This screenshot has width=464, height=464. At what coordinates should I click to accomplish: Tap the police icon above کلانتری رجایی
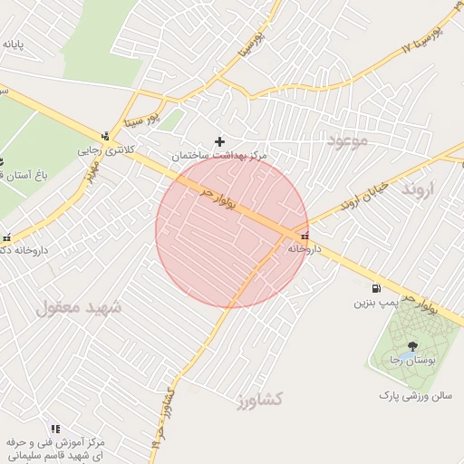(107, 137)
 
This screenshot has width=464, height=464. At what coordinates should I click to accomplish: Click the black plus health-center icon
(219, 141)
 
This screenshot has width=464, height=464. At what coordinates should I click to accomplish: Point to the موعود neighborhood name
(346, 140)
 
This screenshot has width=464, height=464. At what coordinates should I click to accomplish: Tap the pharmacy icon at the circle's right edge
(303, 237)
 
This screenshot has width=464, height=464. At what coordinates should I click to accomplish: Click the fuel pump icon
(375, 288)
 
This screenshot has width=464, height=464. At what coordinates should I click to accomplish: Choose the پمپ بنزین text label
(375, 302)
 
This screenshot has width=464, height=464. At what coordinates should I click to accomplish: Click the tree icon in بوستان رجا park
(413, 345)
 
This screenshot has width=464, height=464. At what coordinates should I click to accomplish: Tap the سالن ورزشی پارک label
(414, 396)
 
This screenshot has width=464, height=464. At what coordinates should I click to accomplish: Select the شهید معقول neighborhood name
(80, 308)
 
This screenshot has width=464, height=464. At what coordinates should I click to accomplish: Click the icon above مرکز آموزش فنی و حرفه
(55, 429)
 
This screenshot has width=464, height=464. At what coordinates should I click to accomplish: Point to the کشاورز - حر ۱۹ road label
(161, 418)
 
